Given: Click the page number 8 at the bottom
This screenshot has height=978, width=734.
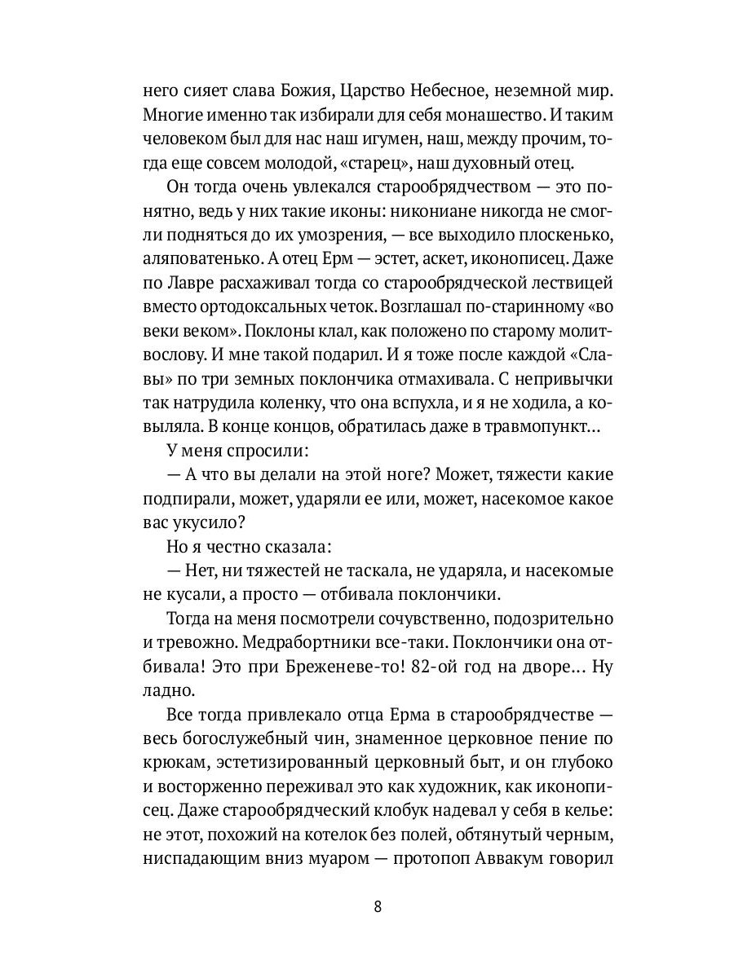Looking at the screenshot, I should [377, 908].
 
